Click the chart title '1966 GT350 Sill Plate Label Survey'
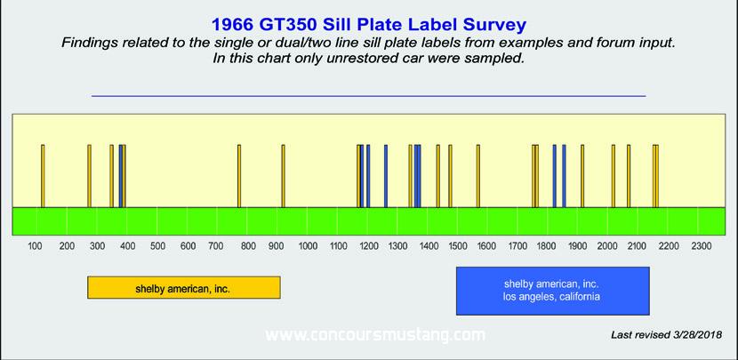click(x=368, y=25)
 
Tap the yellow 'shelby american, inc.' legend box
click(x=183, y=287)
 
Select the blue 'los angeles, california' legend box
click(x=552, y=291)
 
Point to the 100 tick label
click(x=36, y=245)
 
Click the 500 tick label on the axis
click(x=157, y=245)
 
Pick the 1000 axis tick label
click(x=308, y=245)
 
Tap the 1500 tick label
click(x=458, y=245)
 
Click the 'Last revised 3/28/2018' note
click(x=667, y=334)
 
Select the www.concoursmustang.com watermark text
click(x=375, y=335)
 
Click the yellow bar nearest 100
click(x=43, y=175)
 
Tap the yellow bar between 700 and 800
click(x=239, y=175)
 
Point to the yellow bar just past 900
click(x=283, y=175)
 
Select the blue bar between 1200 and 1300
click(x=386, y=175)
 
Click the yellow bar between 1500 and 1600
click(x=478, y=175)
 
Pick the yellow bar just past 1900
click(x=582, y=175)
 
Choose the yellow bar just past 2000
click(x=614, y=175)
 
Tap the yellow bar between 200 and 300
click(x=90, y=175)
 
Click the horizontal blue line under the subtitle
click(x=368, y=96)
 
